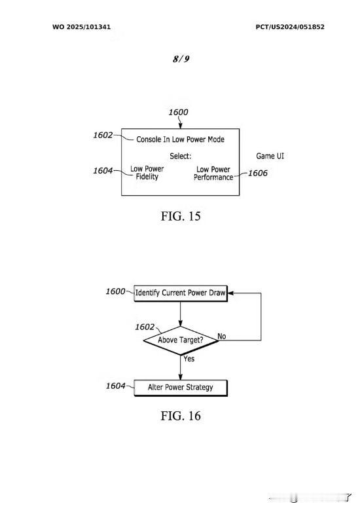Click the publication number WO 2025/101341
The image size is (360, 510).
pos(81,27)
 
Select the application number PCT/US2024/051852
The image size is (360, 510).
pos(290,27)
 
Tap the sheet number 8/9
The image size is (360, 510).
pos(181,59)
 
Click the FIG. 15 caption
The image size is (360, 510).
pos(181,216)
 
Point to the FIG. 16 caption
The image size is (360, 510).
pos(181,416)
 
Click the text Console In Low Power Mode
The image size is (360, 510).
pos(180,139)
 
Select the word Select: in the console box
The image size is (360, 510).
pos(181,156)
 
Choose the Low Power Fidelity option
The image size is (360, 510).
pos(147,173)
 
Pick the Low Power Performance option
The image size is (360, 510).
pos(213,173)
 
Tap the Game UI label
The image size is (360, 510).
pos(270,156)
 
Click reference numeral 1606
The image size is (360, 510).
pos(257,173)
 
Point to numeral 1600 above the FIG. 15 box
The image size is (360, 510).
pos(178,112)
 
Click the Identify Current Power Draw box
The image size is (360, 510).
pos(181,293)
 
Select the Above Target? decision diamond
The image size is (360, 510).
pos(181,340)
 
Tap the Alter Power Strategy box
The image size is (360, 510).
pos(181,388)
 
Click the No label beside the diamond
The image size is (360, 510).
pos(221,337)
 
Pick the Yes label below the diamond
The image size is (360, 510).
pos(189,359)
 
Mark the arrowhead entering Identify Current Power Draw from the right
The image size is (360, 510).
pos(230,293)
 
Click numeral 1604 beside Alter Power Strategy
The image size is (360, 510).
pos(115,386)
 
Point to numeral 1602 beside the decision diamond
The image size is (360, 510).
pos(145,327)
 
